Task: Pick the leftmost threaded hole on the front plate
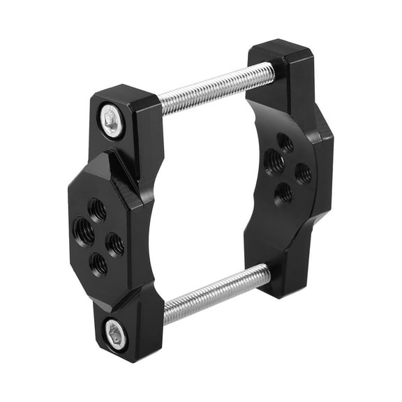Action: (83, 231)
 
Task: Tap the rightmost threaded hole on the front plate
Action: (115, 244)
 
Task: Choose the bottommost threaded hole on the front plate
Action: (99, 264)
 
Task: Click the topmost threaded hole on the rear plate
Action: (285, 143)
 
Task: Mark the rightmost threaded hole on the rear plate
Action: (303, 172)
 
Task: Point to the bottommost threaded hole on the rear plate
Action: (284, 193)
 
